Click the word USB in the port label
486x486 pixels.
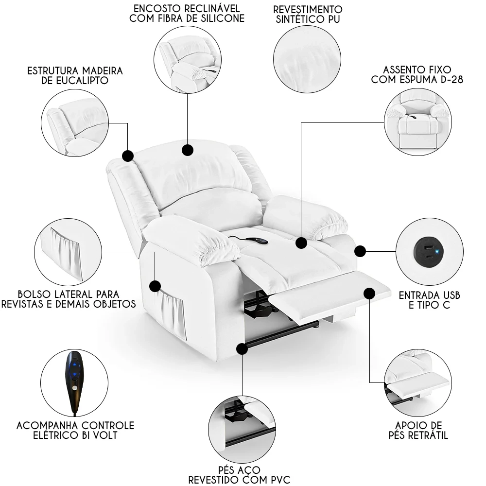[x=448, y=295]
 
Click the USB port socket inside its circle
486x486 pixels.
[x=426, y=251]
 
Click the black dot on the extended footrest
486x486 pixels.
[x=369, y=293]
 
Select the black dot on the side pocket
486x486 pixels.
[x=155, y=285]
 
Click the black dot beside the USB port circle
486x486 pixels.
[x=360, y=251]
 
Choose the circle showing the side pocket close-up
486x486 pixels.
[x=68, y=251]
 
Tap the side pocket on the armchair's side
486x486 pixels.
[x=173, y=316]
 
